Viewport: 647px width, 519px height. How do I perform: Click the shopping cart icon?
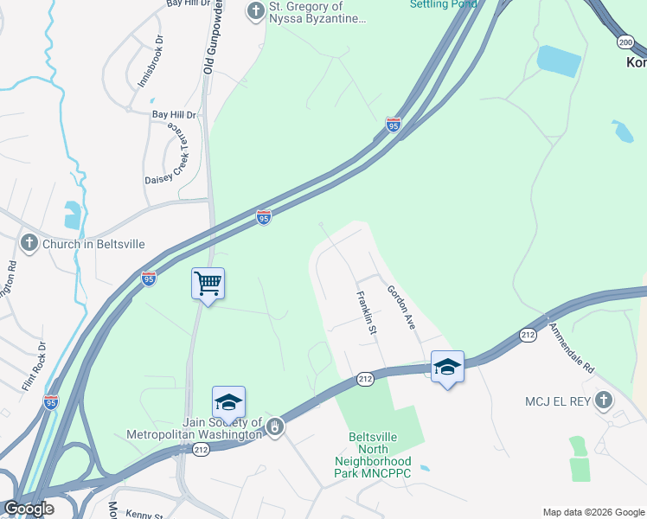(x=208, y=283)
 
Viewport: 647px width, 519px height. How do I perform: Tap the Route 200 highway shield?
(x=625, y=42)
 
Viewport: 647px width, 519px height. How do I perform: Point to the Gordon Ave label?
(x=401, y=307)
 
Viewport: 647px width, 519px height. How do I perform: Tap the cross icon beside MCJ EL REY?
(x=604, y=400)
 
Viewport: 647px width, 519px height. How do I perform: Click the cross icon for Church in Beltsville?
(x=29, y=244)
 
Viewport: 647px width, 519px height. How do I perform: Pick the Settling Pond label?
(x=442, y=4)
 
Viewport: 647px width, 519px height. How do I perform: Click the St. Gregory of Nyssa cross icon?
(x=255, y=10)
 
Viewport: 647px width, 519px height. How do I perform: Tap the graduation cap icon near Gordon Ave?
(x=447, y=367)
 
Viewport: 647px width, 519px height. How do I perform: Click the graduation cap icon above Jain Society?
(x=228, y=402)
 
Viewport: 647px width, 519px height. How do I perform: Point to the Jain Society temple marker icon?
(x=274, y=426)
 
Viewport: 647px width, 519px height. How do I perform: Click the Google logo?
(x=29, y=509)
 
